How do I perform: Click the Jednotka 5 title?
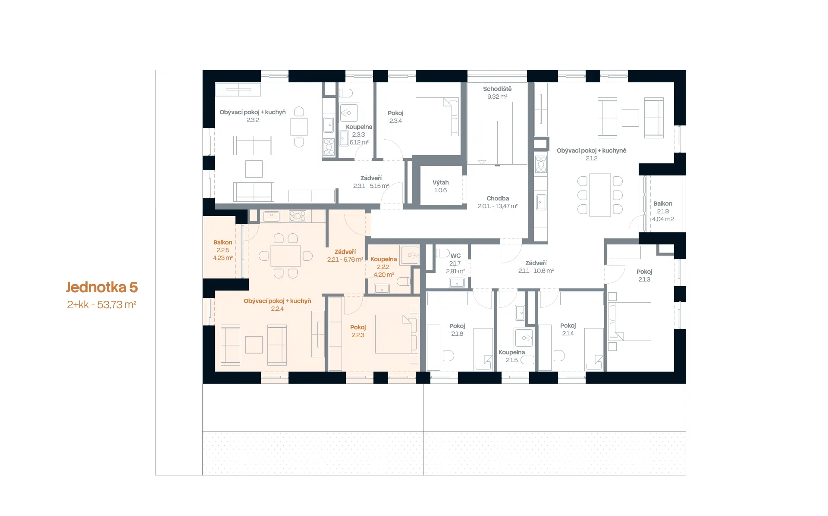(102, 287)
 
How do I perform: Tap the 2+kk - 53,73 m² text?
(102, 305)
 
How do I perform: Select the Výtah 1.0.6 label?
(441, 186)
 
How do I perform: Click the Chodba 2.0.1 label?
(498, 202)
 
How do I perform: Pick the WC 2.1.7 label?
(455, 263)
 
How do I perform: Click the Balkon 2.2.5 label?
(223, 250)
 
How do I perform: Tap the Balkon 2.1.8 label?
(663, 211)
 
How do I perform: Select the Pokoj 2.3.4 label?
(395, 117)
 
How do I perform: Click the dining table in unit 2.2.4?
(285, 256)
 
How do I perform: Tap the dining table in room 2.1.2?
(600, 195)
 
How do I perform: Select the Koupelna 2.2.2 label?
(383, 267)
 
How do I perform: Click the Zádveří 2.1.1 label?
(536, 267)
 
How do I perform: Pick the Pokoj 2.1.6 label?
(457, 330)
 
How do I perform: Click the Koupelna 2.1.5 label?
(512, 356)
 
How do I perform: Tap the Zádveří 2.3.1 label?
(371, 182)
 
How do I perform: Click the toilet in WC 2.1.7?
(443, 253)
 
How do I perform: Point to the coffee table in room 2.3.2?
(254, 169)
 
